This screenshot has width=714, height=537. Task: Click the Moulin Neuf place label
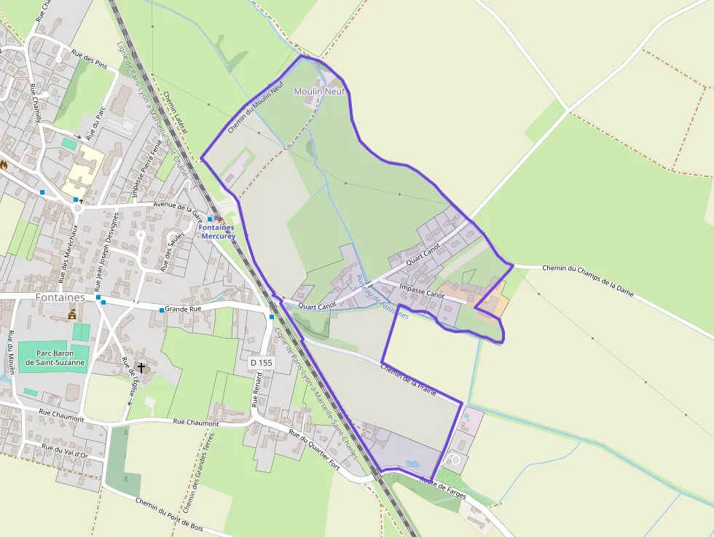pyautogui.click(x=318, y=92)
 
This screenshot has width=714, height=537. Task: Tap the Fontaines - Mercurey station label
pyautogui.click(x=216, y=231)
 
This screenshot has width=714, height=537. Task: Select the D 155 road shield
pyautogui.click(x=260, y=362)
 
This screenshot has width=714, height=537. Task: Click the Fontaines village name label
pyautogui.click(x=60, y=298)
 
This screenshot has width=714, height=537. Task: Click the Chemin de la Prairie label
pyautogui.click(x=408, y=377)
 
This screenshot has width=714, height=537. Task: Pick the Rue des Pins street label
pyautogui.click(x=90, y=58)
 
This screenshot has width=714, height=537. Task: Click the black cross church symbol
pyautogui.click(x=141, y=369)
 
